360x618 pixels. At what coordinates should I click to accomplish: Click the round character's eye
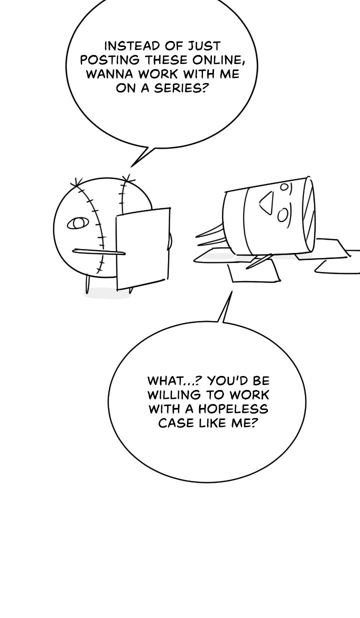pos(77,223)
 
